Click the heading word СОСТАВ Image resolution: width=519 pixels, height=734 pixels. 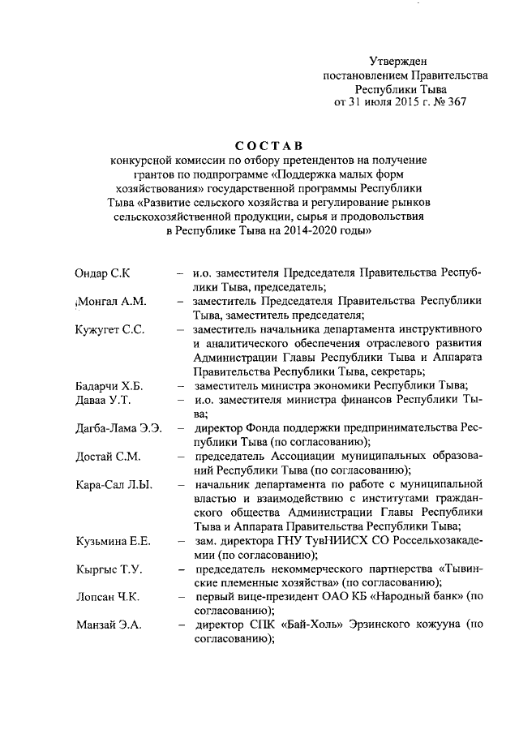268,146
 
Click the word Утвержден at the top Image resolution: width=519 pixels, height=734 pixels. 397,62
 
